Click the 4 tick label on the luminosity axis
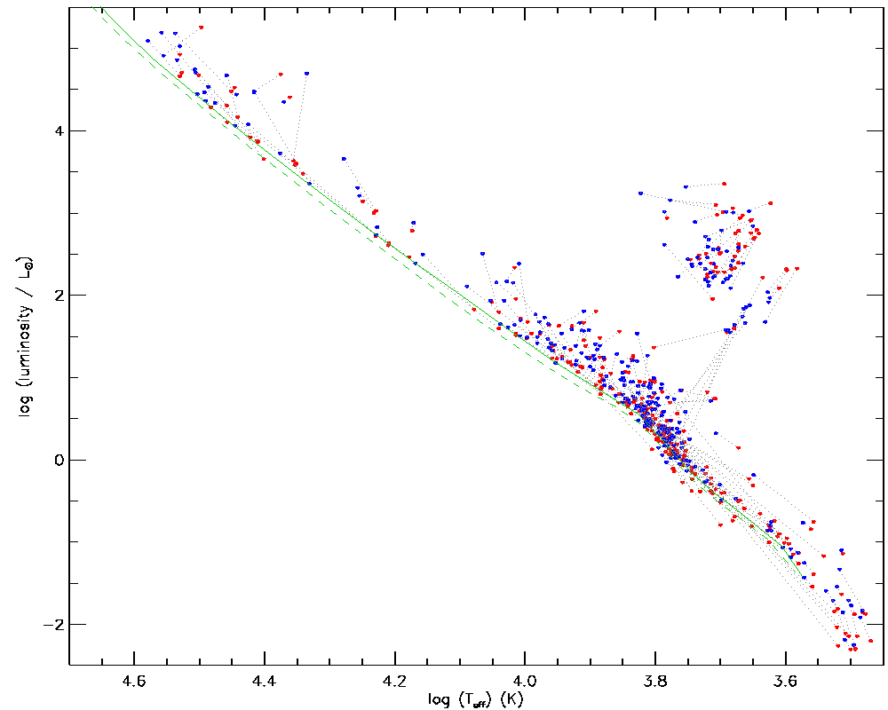(57, 130)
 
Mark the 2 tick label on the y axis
(57, 295)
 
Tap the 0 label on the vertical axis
(57, 460)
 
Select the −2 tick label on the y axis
(52, 625)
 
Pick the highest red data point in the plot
(202, 28)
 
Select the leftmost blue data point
(148, 41)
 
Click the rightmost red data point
(871, 641)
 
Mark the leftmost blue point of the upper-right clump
(640, 193)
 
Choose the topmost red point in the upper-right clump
(725, 184)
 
